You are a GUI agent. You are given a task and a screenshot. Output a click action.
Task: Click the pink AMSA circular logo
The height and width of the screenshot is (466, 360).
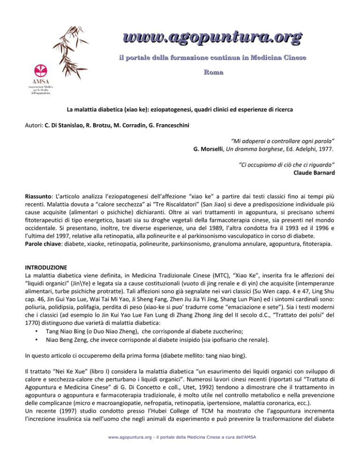pos(39,72)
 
